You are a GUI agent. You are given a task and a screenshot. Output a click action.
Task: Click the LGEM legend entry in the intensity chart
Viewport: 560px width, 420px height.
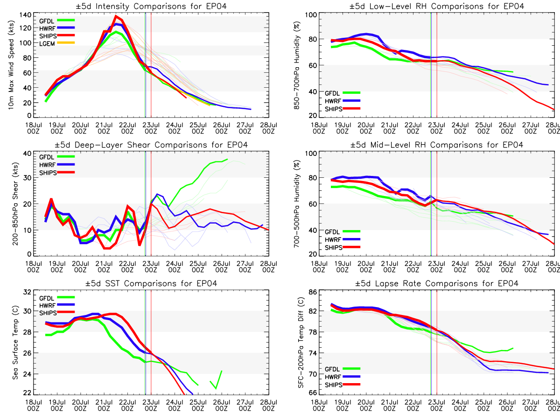(x=56, y=43)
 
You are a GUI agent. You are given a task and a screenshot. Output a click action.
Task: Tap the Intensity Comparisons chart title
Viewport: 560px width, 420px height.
(x=151, y=7)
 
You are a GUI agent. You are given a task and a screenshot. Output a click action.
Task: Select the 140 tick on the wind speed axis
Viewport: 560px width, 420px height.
(x=25, y=15)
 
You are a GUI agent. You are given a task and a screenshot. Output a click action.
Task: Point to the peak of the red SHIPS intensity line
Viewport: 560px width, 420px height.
(x=116, y=16)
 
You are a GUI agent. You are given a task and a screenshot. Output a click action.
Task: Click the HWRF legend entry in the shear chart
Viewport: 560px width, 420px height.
(x=56, y=165)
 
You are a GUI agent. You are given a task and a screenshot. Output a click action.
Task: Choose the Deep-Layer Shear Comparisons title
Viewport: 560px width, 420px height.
(x=151, y=145)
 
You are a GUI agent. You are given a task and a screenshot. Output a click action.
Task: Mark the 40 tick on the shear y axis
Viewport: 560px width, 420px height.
(x=27, y=153)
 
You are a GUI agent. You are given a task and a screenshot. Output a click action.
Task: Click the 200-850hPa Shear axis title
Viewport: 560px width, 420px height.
(x=15, y=204)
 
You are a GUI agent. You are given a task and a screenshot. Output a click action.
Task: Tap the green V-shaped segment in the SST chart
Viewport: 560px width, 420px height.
(x=216, y=380)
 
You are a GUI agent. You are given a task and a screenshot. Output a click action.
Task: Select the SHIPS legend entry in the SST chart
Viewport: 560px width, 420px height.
(x=56, y=313)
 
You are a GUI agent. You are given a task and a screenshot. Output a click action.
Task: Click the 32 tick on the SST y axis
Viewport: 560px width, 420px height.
(x=27, y=292)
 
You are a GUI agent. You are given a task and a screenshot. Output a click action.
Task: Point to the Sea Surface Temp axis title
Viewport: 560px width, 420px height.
(x=15, y=342)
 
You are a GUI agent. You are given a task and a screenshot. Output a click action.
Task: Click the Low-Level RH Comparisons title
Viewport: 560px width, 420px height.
(x=436, y=7)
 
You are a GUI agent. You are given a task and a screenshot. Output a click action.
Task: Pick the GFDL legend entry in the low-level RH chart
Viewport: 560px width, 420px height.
(x=343, y=93)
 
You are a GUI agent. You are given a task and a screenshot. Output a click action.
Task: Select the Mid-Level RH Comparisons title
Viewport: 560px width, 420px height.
(x=436, y=145)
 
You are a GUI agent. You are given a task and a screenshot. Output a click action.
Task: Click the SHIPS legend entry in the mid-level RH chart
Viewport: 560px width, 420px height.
(x=343, y=247)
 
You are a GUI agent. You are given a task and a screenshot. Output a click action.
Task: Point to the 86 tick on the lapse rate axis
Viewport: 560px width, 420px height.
(x=313, y=292)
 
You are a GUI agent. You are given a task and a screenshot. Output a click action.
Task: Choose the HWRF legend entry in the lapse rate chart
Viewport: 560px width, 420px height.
(x=343, y=377)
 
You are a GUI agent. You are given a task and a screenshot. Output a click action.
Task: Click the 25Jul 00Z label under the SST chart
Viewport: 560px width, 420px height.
(x=198, y=405)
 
